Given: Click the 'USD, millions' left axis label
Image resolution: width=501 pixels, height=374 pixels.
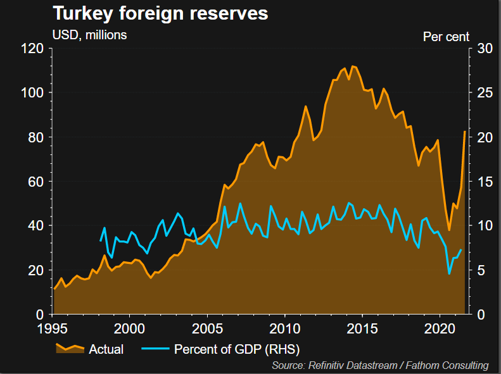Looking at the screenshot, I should [89, 35].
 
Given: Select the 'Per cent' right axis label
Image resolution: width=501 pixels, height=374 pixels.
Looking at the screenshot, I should [446, 36].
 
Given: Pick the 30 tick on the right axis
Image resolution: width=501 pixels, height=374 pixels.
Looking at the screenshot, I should [481, 49].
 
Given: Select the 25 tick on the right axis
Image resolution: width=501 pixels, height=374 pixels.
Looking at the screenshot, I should [481, 93].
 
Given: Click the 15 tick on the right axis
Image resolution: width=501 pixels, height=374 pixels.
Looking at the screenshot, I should [481, 182].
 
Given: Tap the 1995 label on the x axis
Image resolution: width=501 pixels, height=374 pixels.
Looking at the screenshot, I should [53, 329].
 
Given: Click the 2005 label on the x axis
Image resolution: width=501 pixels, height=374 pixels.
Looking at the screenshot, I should [207, 329].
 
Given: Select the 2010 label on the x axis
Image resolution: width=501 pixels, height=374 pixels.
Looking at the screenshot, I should [284, 329].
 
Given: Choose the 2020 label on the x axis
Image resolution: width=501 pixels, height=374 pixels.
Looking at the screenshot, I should [440, 329].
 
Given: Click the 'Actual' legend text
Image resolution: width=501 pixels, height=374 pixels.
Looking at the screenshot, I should [106, 349].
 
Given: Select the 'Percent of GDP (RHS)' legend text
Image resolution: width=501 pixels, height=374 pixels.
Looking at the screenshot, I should [236, 349].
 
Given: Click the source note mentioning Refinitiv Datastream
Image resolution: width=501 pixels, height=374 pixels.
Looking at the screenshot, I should [380, 366].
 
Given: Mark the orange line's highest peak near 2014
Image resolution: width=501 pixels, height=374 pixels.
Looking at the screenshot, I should [353, 66].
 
